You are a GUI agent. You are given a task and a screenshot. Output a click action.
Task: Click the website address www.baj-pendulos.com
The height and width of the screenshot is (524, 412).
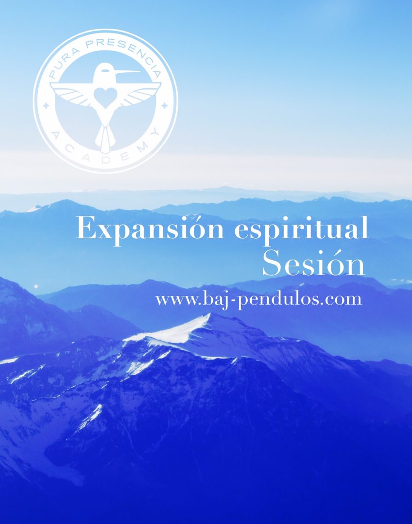[258, 299]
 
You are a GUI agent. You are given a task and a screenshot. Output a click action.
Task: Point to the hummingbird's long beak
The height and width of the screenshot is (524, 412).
[127, 72]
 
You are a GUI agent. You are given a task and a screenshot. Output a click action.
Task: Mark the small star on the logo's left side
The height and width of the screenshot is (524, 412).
[47, 106]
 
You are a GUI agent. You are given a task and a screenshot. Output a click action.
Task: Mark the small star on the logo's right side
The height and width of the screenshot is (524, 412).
[164, 106]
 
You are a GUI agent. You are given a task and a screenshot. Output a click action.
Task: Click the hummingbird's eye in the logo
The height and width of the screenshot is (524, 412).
[106, 70]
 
